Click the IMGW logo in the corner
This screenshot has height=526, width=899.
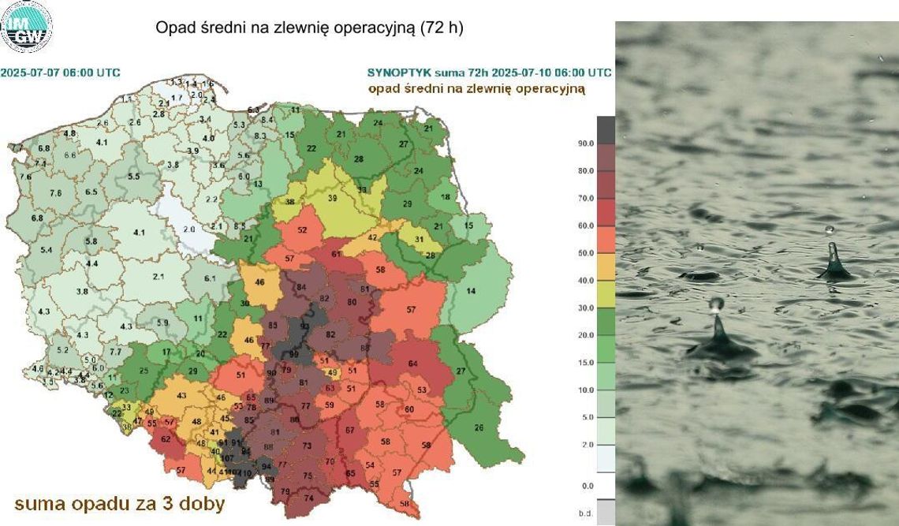(x=27, y=27)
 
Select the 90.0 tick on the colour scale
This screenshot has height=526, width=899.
(x=585, y=144)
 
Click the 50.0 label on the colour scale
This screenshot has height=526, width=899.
(x=585, y=253)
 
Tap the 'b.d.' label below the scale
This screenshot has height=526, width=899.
(x=586, y=513)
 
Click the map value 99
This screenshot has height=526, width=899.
(x=295, y=356)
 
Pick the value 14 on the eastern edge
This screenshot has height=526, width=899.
(x=472, y=292)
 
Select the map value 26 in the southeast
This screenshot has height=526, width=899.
(x=479, y=428)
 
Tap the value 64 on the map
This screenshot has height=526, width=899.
(x=412, y=364)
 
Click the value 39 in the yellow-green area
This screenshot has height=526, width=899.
(x=333, y=198)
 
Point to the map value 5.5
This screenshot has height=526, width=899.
(x=134, y=177)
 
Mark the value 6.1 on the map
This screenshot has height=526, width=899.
(x=209, y=278)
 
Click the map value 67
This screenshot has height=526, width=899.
(x=349, y=430)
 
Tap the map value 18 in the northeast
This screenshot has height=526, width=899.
(x=446, y=197)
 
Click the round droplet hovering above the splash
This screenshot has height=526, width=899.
(x=716, y=304)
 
